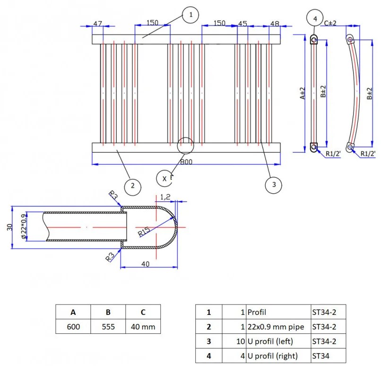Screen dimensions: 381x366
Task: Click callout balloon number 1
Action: (x=190, y=15)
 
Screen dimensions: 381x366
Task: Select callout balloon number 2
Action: (x=133, y=187)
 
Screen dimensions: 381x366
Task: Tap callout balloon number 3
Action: (x=274, y=185)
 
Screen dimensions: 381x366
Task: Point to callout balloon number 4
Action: (x=315, y=18)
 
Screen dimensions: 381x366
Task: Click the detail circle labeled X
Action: (x=165, y=179)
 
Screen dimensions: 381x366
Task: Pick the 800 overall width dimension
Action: (x=186, y=162)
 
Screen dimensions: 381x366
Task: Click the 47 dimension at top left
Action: (x=98, y=24)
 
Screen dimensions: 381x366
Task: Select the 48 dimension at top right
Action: (x=275, y=24)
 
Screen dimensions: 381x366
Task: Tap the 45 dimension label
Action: (x=242, y=24)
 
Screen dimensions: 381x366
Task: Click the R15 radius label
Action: (x=144, y=232)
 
